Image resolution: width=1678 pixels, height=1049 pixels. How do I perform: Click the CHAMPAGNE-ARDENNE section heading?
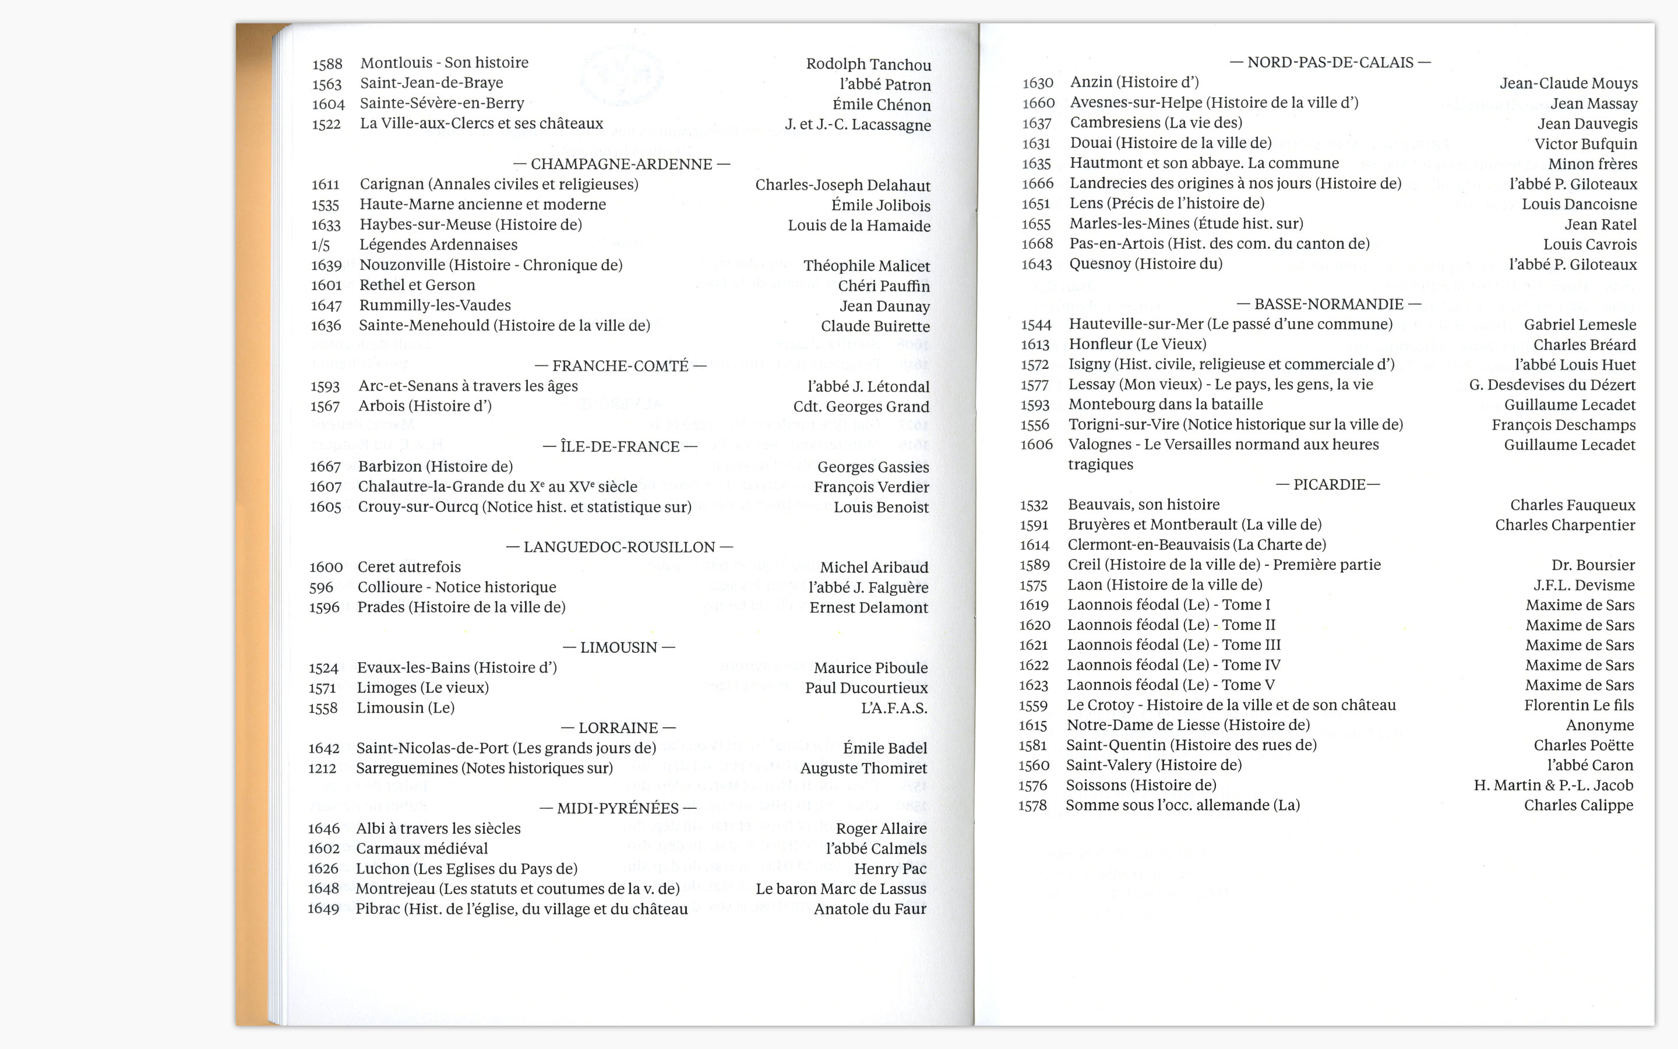(x=621, y=164)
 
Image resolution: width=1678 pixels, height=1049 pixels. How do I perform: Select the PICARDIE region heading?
(x=1328, y=484)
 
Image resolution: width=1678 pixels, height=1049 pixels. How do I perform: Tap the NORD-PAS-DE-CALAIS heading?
(x=1330, y=62)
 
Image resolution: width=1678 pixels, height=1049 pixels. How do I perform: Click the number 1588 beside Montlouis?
(x=327, y=65)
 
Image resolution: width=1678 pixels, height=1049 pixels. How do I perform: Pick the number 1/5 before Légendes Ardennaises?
(x=320, y=245)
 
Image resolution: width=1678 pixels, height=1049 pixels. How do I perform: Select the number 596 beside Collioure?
(x=321, y=587)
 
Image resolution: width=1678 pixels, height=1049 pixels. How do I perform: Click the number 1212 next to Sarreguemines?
(x=322, y=769)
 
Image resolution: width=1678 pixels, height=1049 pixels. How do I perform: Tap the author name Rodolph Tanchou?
(x=868, y=65)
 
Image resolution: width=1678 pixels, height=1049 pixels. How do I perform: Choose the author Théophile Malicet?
(x=867, y=266)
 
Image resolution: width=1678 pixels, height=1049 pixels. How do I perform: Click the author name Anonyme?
(x=1600, y=726)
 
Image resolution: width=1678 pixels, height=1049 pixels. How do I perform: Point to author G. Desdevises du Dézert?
(x=1552, y=385)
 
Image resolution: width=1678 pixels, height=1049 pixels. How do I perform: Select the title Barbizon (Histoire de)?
(x=435, y=467)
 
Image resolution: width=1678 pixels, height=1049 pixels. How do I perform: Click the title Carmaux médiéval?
(x=422, y=849)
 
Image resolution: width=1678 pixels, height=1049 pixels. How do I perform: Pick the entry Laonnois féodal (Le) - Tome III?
(x=1174, y=645)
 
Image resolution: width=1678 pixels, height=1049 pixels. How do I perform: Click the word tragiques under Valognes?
(x=1101, y=465)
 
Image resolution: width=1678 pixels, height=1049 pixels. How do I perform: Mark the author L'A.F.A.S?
(x=894, y=708)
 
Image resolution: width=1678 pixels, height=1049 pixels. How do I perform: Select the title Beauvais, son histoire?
(x=1143, y=505)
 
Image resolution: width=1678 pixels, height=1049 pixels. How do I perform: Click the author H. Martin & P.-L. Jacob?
(x=1553, y=786)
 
